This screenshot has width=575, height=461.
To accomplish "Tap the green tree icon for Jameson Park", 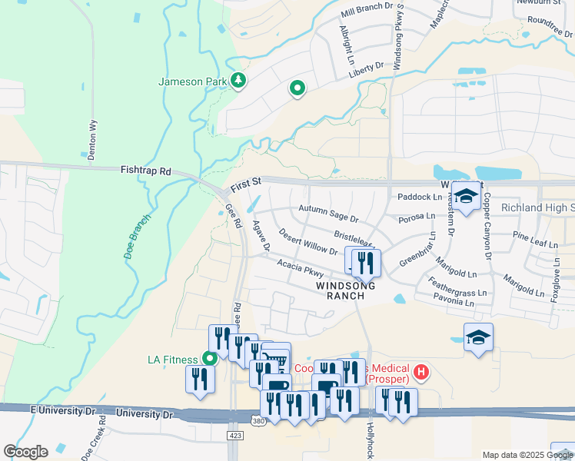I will [x=238, y=80].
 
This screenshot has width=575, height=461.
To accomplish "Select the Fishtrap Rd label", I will [x=145, y=171].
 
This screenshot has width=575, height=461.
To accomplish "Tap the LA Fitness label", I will [x=174, y=359].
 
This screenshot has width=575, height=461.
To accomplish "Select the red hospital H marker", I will [x=420, y=373].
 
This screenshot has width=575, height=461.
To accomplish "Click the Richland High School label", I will [x=537, y=208].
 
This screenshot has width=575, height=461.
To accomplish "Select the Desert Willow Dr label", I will [x=308, y=241].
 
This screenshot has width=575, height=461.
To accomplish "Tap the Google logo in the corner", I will [x=25, y=451].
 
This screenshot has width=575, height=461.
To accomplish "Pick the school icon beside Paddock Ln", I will [x=466, y=197].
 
